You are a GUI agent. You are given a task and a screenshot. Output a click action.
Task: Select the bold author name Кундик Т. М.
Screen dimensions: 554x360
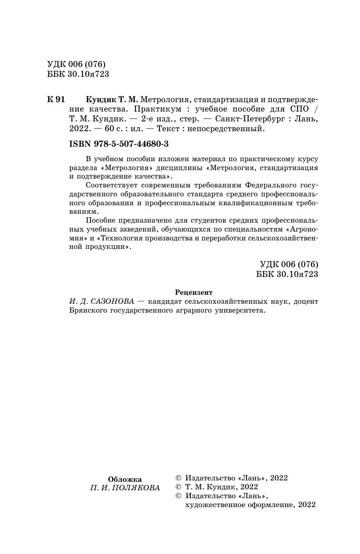pos(112,100)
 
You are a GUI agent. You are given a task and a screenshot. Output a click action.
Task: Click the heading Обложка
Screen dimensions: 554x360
pos(125,479)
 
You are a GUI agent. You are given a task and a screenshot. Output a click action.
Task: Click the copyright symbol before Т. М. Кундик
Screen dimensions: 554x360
pos(178,487)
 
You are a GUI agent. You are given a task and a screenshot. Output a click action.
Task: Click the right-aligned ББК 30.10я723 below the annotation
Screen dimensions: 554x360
pos(287,274)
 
